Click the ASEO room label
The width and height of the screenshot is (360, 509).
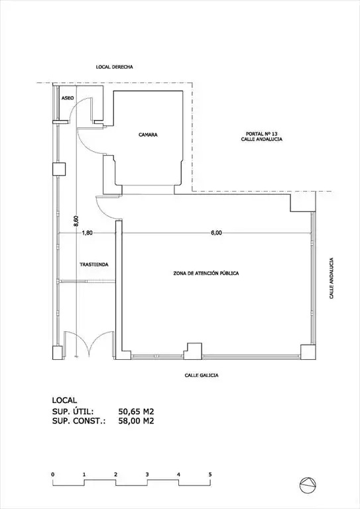coord(68,97)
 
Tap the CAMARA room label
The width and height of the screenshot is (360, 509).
coord(148,135)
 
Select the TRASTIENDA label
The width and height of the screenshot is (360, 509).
coord(94,264)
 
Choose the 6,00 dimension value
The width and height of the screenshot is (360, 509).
coord(217,233)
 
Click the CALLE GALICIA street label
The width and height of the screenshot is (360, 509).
coord(202,375)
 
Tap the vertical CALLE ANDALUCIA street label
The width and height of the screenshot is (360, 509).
coord(331,278)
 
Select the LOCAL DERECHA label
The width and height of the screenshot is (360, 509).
coord(115,67)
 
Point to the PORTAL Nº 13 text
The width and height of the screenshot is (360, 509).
coord(261,134)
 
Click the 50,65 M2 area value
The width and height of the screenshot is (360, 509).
coord(136,412)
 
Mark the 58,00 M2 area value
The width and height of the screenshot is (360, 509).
coord(136,421)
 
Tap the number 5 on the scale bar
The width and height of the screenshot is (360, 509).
coord(210,475)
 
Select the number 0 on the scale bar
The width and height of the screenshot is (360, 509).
coord(52,475)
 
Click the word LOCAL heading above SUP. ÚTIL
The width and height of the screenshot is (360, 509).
coord(64,400)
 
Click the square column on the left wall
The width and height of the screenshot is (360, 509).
coord(59,169)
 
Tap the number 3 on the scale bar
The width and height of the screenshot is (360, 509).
coord(147,475)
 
